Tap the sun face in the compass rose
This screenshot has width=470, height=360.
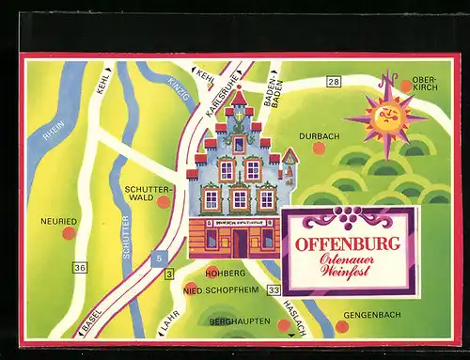[387, 117]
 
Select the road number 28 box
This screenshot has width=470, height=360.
[333, 83]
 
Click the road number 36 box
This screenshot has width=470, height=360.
[81, 268]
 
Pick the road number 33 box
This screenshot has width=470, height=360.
[274, 290]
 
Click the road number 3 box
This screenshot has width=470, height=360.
[169, 274]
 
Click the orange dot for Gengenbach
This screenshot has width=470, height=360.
[341, 326]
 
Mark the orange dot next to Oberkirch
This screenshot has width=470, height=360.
[406, 86]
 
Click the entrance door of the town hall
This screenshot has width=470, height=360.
[239, 243]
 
